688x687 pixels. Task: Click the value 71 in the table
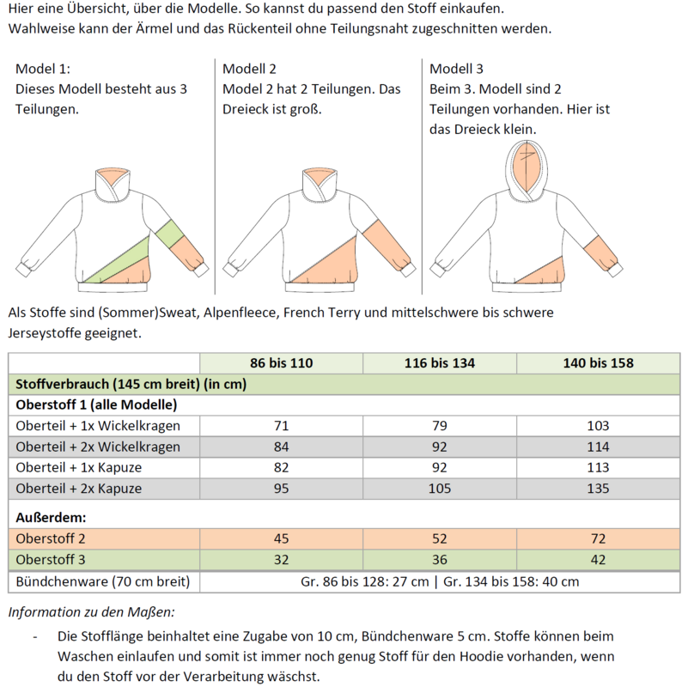(x=282, y=426)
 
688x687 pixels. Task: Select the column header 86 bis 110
(x=282, y=363)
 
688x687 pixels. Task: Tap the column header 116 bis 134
(x=440, y=363)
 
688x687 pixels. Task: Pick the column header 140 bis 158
(x=599, y=363)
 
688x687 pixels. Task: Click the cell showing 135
(x=599, y=489)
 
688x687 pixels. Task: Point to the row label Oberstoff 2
(x=51, y=539)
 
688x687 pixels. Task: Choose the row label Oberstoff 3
(x=51, y=560)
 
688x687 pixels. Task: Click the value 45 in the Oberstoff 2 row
(x=282, y=539)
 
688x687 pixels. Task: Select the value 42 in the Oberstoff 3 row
(x=599, y=560)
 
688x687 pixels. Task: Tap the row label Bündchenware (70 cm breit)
(x=96, y=581)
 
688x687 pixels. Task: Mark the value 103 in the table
(x=599, y=426)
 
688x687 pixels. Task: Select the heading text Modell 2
(x=250, y=69)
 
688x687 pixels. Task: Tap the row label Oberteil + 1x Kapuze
(x=78, y=468)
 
